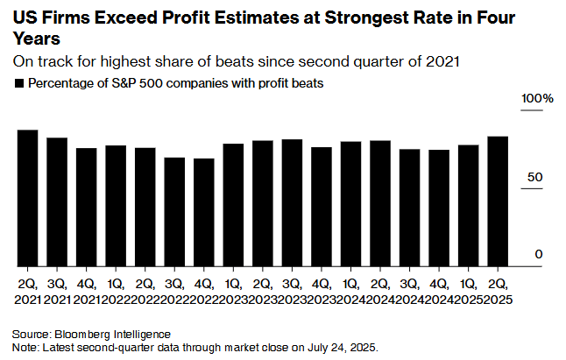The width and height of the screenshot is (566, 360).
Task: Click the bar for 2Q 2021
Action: pyautogui.click(x=27, y=198)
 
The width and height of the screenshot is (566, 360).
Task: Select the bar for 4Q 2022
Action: pyautogui.click(x=203, y=213)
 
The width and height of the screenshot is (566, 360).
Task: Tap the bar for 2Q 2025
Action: pyautogui.click(x=498, y=201)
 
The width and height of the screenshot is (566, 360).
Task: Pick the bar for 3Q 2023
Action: pyautogui.click(x=292, y=203)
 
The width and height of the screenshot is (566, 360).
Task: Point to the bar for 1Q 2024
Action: pyautogui.click(x=350, y=204)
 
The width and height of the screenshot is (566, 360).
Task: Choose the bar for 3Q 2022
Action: pyautogui.click(x=174, y=212)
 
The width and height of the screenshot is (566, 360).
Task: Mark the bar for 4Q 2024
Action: pyautogui.click(x=439, y=208)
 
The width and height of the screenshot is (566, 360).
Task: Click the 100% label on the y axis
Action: pyautogui.click(x=538, y=99)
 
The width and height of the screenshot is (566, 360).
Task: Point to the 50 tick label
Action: pyautogui.click(x=533, y=178)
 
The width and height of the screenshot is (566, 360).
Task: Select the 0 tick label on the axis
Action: pyautogui.click(x=540, y=254)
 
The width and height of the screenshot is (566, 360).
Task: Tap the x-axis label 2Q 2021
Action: pyautogui.click(x=27, y=293)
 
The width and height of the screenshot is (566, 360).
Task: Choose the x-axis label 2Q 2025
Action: pyautogui.click(x=498, y=293)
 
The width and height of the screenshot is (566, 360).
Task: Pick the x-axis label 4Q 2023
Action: pyautogui.click(x=322, y=293)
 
